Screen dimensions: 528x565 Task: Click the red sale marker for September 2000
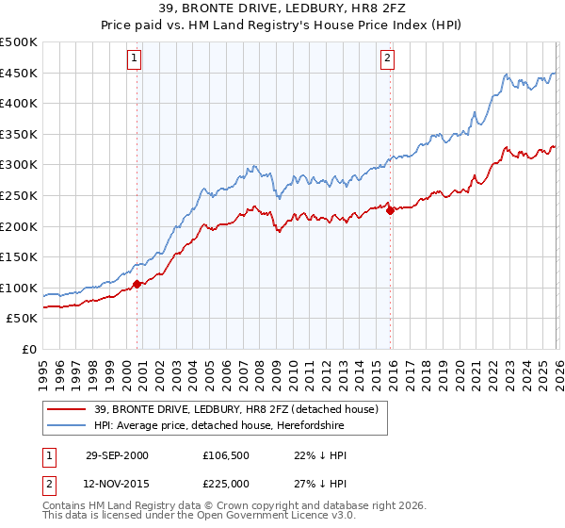pyautogui.click(x=137, y=283)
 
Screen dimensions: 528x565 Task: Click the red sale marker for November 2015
pyautogui.click(x=390, y=210)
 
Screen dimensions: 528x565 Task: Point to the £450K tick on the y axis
pyautogui.click(x=19, y=74)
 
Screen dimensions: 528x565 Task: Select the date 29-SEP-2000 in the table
pyautogui.click(x=117, y=455)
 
